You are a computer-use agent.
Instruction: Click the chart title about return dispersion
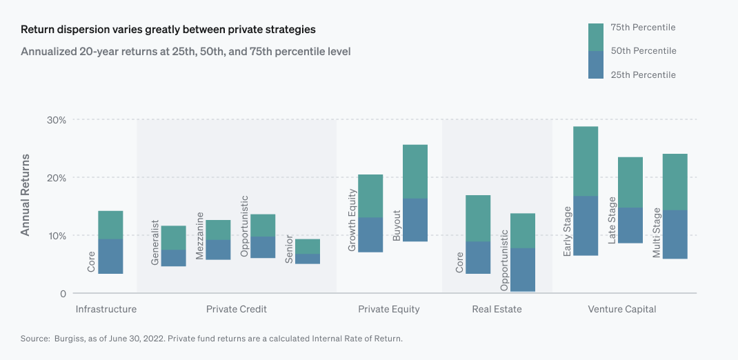coord(168,30)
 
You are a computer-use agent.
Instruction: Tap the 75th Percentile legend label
coord(643,28)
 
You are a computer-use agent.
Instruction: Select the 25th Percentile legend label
coord(643,74)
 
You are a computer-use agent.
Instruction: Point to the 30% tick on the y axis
coord(56,120)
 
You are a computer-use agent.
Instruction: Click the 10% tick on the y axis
coord(56,236)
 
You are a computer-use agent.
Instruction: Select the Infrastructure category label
coord(106,310)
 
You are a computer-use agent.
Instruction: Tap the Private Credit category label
coord(237,310)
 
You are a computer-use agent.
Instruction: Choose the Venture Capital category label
coord(621,310)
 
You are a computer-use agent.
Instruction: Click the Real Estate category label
coord(497,310)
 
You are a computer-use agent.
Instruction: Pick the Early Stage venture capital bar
coord(586,191)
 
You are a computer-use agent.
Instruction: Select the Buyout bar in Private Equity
coord(415,193)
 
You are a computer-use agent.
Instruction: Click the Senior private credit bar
coord(308,251)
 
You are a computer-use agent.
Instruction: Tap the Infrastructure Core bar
coord(110,242)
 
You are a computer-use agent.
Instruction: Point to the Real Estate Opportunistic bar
coord(523,252)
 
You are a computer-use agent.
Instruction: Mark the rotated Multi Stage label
coord(657,231)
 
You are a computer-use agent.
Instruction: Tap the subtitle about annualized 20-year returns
coord(186,52)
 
